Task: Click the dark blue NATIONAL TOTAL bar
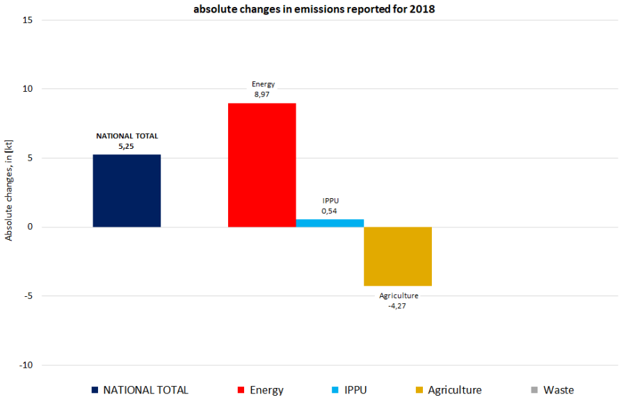click(x=127, y=191)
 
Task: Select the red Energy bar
click(x=262, y=165)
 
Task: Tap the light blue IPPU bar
click(x=330, y=223)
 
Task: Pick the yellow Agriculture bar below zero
click(x=398, y=256)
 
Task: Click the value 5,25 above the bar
click(x=127, y=147)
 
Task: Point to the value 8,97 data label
click(x=262, y=95)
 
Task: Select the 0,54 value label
click(x=330, y=211)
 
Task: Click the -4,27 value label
click(x=398, y=305)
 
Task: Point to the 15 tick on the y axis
click(x=28, y=20)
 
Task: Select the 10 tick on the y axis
click(x=28, y=89)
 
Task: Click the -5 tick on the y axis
click(x=28, y=296)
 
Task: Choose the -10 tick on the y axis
click(x=26, y=365)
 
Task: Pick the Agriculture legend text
click(x=455, y=390)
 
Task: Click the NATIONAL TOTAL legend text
click(x=145, y=390)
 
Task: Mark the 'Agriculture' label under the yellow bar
click(x=399, y=296)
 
